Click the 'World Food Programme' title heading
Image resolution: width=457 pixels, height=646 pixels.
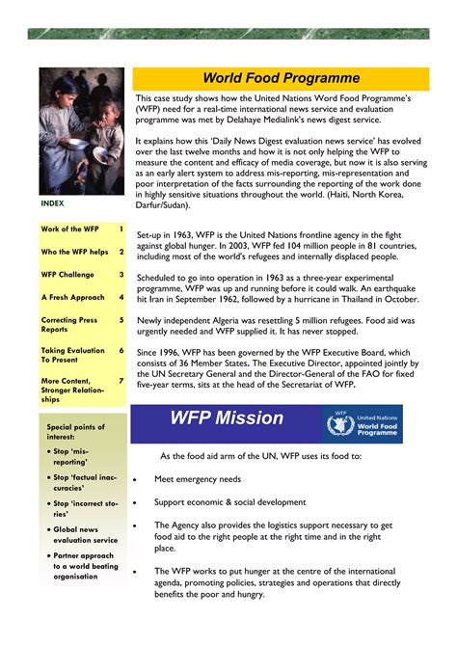pyautogui.click(x=281, y=78)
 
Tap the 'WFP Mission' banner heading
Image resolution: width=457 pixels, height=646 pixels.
pyautogui.click(x=227, y=417)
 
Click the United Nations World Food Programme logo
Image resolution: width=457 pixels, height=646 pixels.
pyautogui.click(x=363, y=423)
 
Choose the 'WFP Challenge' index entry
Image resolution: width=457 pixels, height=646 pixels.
pyautogui.click(x=67, y=275)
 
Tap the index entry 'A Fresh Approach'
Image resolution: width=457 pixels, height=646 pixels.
pyautogui.click(x=72, y=298)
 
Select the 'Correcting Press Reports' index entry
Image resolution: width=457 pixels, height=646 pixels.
pyautogui.click(x=69, y=325)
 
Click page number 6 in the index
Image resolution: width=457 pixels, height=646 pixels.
pyautogui.click(x=121, y=351)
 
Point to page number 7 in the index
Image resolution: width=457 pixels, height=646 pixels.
pyautogui.click(x=121, y=380)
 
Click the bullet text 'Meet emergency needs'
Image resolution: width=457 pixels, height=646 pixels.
pyautogui.click(x=199, y=479)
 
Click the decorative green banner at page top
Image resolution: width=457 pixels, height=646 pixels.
pyautogui.click(x=228, y=34)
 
